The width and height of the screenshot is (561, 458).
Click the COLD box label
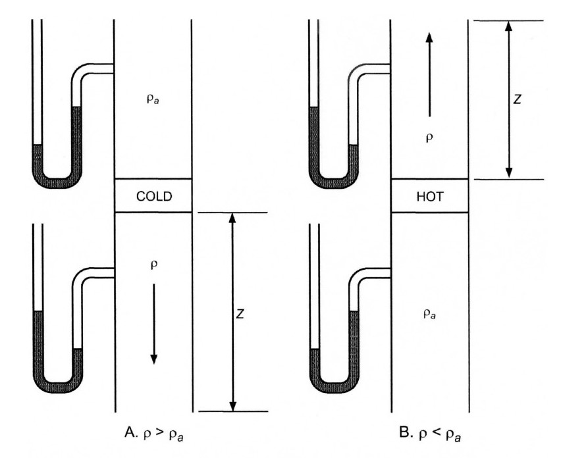153,195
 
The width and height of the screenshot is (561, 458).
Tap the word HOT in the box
429,195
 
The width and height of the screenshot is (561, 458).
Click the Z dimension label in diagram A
240,315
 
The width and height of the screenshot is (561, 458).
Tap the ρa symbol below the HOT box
429,315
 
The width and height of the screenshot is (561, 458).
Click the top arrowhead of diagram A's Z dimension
232,218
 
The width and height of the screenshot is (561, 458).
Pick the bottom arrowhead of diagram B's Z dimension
508,172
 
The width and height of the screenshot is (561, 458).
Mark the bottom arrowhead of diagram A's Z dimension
232,405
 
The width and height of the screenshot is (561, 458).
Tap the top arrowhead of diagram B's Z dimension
508,26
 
